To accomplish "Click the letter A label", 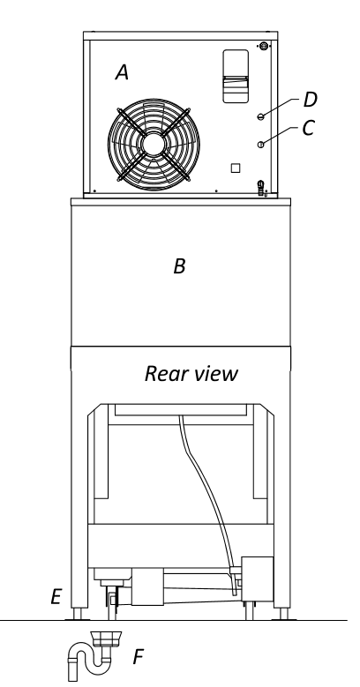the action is (122, 72).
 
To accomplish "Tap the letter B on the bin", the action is (179, 266).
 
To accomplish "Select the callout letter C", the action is (308, 128).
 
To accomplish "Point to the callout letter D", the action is (310, 100).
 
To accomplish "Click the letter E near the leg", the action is (56, 597).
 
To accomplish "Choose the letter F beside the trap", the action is (139, 657).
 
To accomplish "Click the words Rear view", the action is (191, 374).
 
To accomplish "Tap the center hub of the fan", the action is (154, 145).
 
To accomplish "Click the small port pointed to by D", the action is (260, 116).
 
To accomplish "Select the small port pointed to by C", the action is (260, 145).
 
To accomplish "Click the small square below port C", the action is (236, 168).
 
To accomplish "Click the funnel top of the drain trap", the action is (106, 638).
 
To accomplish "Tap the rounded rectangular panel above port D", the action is (236, 76).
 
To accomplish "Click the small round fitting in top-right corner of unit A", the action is (264, 46).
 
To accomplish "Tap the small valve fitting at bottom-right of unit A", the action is (261, 188).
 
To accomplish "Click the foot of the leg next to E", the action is (77, 614).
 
